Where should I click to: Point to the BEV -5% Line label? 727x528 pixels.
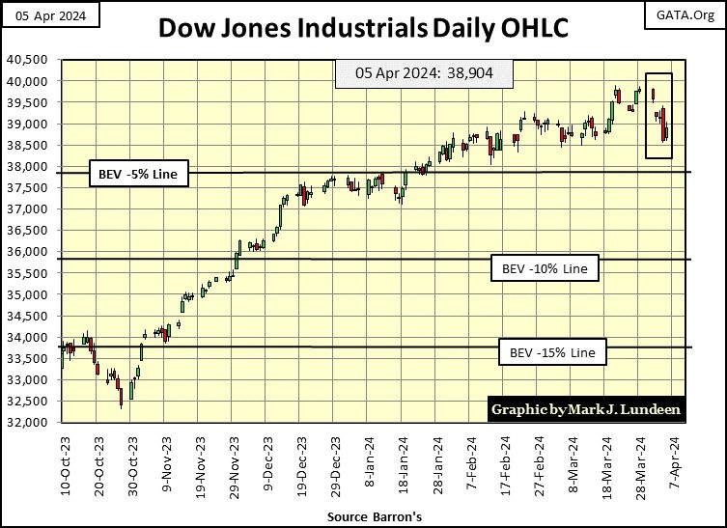pyautogui.click(x=137, y=175)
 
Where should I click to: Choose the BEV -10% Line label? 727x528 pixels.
pyautogui.click(x=545, y=267)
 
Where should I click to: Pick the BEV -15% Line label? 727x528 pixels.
pyautogui.click(x=553, y=352)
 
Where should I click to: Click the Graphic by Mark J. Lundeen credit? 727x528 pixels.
pyautogui.click(x=586, y=409)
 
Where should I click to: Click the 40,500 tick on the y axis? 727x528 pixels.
pyautogui.click(x=33, y=60)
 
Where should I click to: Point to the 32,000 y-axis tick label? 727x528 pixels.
pyautogui.click(x=33, y=423)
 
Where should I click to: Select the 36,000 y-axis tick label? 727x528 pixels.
pyautogui.click(x=33, y=252)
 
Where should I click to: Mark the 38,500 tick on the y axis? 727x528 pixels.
pyautogui.click(x=33, y=145)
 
